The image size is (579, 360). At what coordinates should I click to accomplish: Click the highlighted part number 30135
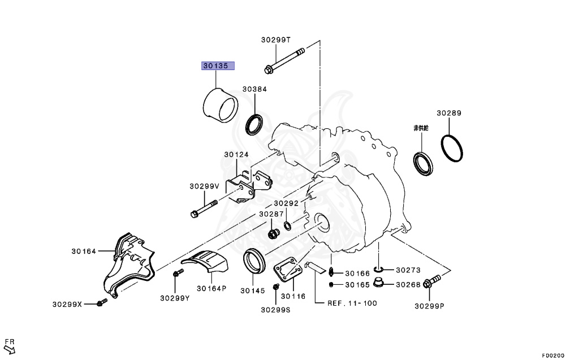click(218, 66)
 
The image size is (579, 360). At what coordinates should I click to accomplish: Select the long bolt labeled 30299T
click(284, 59)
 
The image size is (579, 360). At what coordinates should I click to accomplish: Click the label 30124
click(236, 155)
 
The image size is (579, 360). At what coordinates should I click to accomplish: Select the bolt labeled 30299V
click(204, 209)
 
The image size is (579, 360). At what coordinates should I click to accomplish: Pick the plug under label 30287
click(273, 234)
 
